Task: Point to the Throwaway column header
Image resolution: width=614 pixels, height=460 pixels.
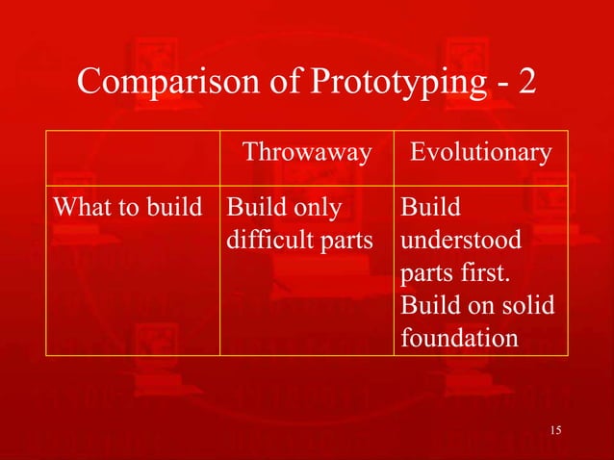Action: tap(306, 152)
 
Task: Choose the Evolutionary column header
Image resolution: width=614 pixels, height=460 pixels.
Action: tap(481, 152)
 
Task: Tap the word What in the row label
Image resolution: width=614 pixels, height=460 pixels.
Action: tap(80, 206)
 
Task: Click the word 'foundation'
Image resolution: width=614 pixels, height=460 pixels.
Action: tap(458, 339)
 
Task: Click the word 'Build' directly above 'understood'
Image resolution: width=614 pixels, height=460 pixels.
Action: tap(430, 206)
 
